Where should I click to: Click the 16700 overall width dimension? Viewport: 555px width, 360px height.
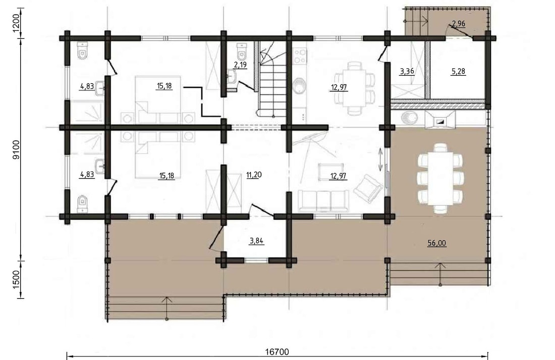277,352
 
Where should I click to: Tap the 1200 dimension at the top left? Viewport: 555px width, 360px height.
17,23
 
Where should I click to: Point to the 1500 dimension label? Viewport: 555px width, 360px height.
17,280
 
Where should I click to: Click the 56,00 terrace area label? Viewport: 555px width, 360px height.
437,243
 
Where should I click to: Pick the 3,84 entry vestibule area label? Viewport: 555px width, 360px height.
257,241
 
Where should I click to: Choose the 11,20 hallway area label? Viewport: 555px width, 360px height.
253,175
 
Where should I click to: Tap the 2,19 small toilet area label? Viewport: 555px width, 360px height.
240,65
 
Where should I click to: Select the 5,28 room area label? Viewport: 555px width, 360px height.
458,71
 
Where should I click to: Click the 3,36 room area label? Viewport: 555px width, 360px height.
407,71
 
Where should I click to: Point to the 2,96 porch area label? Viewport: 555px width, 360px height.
458,24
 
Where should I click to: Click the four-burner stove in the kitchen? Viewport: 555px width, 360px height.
300,56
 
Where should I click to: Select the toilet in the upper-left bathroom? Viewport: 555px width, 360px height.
82,51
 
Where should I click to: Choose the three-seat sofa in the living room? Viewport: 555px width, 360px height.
323,200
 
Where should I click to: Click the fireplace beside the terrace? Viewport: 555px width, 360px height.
440,120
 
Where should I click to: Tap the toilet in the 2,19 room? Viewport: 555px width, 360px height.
242,52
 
